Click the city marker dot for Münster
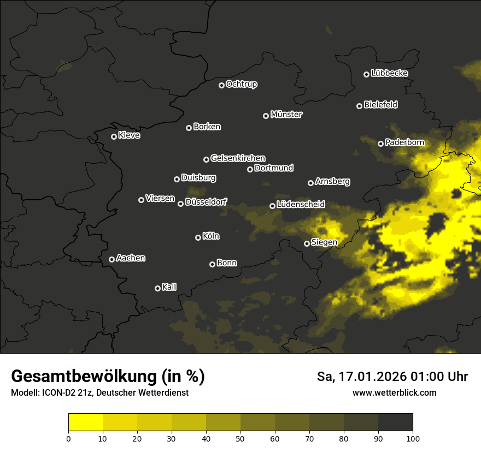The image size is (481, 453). [x=266, y=116]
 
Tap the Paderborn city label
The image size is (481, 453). [x=404, y=143]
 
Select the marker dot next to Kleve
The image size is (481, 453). [x=114, y=136]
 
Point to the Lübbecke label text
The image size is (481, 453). [x=389, y=73]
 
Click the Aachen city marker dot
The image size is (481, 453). [x=112, y=259]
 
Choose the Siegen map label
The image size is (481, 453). [x=324, y=242]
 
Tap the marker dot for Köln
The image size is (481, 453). [x=198, y=237]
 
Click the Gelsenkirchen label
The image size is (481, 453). [x=238, y=158]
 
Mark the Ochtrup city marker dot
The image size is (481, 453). [x=221, y=85]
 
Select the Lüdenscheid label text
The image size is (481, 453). [x=301, y=205]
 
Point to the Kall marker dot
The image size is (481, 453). [x=158, y=288]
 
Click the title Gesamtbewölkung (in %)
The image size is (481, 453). [x=108, y=377]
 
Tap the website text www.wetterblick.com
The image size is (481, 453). [x=395, y=392]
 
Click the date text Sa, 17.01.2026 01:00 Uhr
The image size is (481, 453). [x=392, y=377]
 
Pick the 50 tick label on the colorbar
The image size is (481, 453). [x=241, y=438]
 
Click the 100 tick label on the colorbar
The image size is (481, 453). [x=413, y=438]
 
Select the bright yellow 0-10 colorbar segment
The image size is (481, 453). [x=86, y=422]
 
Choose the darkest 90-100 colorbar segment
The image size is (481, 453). [x=395, y=422]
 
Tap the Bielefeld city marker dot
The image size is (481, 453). [x=360, y=106]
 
